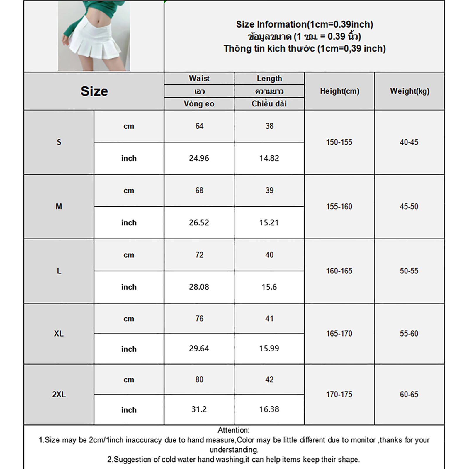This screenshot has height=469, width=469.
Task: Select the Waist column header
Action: tap(199, 78)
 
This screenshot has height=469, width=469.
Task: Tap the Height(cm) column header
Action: tap(339, 91)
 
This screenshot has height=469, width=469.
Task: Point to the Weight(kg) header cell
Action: tap(409, 91)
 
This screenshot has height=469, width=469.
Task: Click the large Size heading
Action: tap(94, 91)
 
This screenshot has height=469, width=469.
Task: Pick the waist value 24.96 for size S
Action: tap(199, 158)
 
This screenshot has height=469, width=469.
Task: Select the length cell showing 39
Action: tap(269, 191)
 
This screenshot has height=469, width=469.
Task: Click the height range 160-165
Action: tap(339, 271)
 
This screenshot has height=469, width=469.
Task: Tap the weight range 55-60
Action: tap(409, 334)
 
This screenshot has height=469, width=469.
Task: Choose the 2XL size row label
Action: tap(59, 395)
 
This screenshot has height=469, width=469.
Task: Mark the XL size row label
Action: tap(59, 334)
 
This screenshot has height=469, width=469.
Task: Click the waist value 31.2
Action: tap(199, 409)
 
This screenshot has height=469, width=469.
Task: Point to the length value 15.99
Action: tap(269, 349)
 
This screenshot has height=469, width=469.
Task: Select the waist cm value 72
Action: tap(199, 255)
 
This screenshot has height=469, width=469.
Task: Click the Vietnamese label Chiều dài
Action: tap(269, 103)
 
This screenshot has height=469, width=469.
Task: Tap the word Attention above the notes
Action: tap(233, 430)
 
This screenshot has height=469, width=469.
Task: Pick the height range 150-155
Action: tap(339, 142)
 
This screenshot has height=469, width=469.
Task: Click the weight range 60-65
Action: tap(409, 395)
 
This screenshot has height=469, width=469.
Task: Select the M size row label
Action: tap(59, 207)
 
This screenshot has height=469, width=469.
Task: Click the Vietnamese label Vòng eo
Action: tap(199, 104)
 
